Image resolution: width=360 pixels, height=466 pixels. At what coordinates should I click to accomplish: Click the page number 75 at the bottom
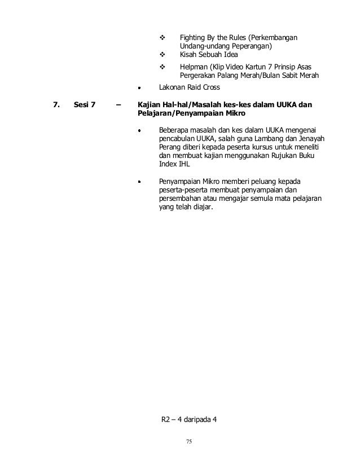(x=190, y=441)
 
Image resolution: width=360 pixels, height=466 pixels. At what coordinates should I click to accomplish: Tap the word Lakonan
(x=174, y=88)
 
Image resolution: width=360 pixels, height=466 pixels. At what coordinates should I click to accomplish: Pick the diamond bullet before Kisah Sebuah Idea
(x=163, y=55)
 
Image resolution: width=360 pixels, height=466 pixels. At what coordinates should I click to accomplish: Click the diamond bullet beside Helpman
(x=163, y=66)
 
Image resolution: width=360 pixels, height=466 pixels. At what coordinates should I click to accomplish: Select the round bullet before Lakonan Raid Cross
(x=141, y=88)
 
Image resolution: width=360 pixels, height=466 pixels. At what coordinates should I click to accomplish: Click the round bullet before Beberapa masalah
(x=141, y=130)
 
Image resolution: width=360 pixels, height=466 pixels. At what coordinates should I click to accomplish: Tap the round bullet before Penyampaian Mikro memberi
(x=141, y=182)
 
